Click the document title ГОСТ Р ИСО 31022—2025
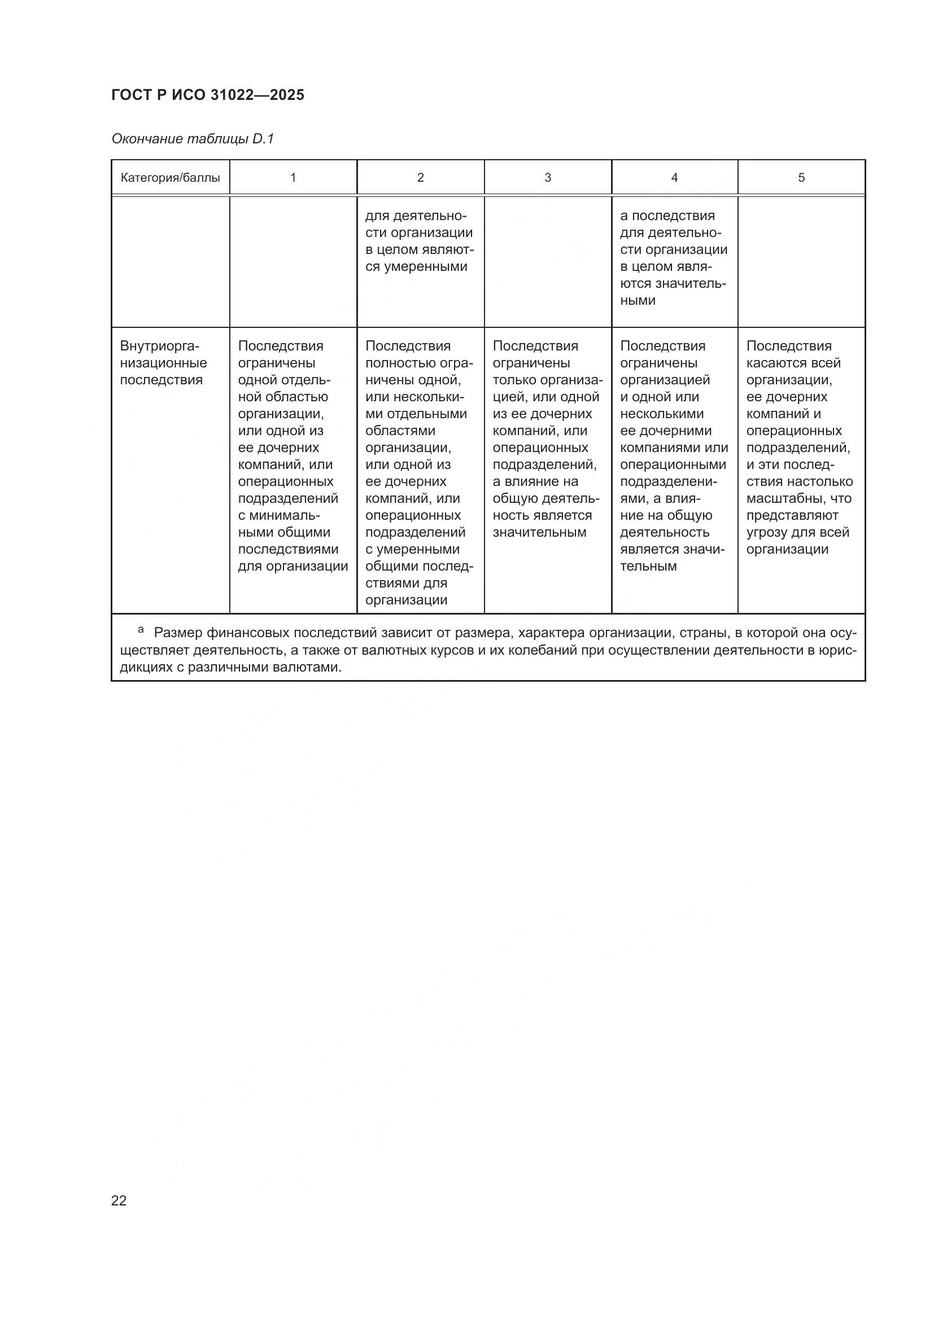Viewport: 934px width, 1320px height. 208,95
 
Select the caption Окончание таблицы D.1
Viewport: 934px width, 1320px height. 192,139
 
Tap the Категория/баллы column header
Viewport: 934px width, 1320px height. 170,178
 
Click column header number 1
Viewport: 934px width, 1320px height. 293,178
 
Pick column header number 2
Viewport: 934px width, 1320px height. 421,178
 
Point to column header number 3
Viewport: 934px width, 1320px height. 548,178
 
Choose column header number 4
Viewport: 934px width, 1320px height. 675,178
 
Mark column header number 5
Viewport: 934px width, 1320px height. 801,178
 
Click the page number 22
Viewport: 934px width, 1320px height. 119,1200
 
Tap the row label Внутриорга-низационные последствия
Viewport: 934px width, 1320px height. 163,363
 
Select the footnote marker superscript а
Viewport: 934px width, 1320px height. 141,630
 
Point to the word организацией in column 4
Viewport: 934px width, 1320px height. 665,380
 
